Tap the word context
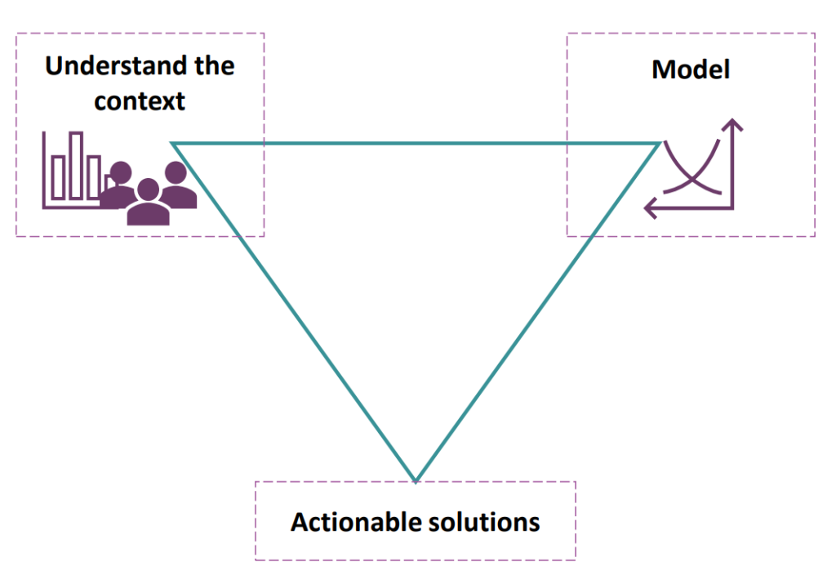pos(139,101)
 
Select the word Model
pos(690,69)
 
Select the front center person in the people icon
pos(148,203)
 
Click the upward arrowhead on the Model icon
pos(733,125)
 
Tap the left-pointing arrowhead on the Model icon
pos(651,208)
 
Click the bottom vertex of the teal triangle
pos(416,480)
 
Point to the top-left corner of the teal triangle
pos(175,145)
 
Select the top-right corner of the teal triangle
pos(658,145)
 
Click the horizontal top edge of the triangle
pos(416,144)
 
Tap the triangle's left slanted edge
pos(294,311)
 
